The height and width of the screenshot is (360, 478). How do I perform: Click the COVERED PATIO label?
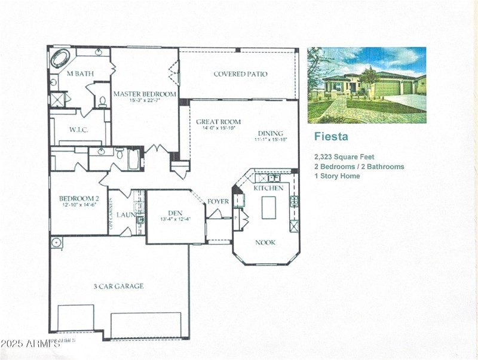pos(240,74)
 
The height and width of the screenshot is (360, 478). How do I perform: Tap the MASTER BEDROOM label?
pos(144,94)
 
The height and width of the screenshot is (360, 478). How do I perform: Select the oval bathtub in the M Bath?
pos(60,59)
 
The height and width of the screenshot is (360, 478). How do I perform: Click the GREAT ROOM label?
pos(218,122)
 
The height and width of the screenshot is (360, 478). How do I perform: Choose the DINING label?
pos(270,133)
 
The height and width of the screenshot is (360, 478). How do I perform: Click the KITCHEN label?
pos(269,188)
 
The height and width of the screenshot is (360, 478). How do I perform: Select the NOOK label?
pos(266,242)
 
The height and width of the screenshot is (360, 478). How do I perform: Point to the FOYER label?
pos(218,202)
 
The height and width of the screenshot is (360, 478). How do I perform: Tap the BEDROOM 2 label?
pos(78,199)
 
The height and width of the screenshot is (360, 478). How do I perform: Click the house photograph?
pos(367,85)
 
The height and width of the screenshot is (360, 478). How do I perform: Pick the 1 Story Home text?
pos(337,176)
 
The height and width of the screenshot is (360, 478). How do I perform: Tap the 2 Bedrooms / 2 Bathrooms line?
pos(359,167)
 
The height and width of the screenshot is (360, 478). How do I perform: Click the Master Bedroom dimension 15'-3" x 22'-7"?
pos(144,101)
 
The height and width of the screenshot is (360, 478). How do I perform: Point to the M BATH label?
pos(78,74)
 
